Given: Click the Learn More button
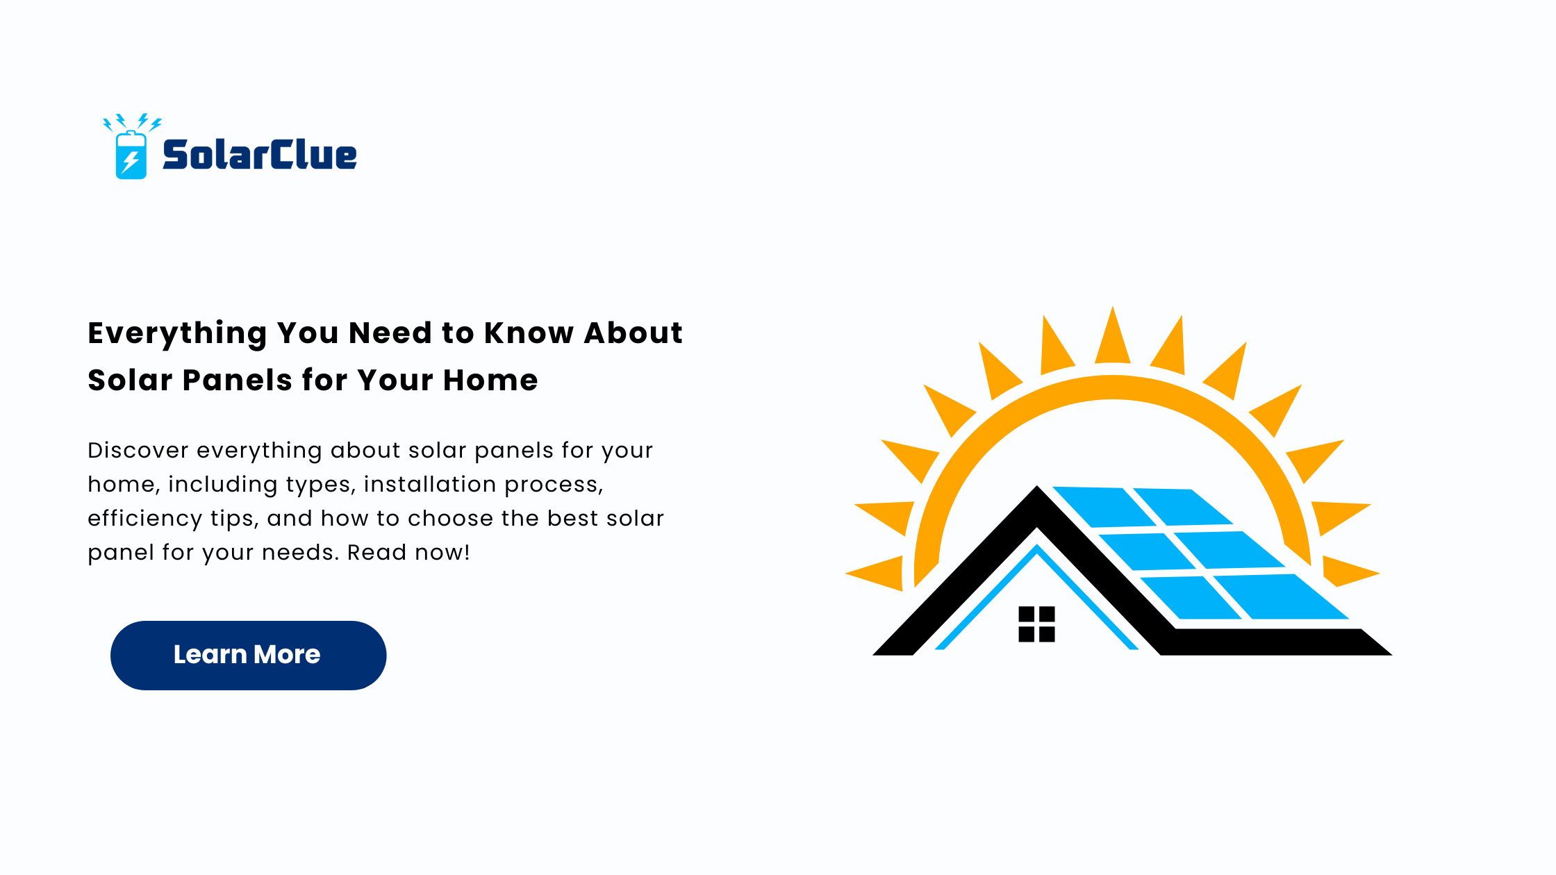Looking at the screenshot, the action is click(248, 655).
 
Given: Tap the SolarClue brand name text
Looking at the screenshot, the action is click(260, 154).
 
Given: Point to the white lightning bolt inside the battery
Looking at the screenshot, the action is click(131, 162).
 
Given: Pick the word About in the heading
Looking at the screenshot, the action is click(633, 333).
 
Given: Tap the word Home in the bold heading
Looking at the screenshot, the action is click(490, 380).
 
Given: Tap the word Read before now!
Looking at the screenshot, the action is click(376, 552).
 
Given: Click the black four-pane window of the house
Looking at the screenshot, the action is click(1036, 624).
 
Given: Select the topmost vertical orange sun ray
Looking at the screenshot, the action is click(1112, 336).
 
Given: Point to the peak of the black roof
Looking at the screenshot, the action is click(1037, 487).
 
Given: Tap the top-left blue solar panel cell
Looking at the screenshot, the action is click(1104, 506).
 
